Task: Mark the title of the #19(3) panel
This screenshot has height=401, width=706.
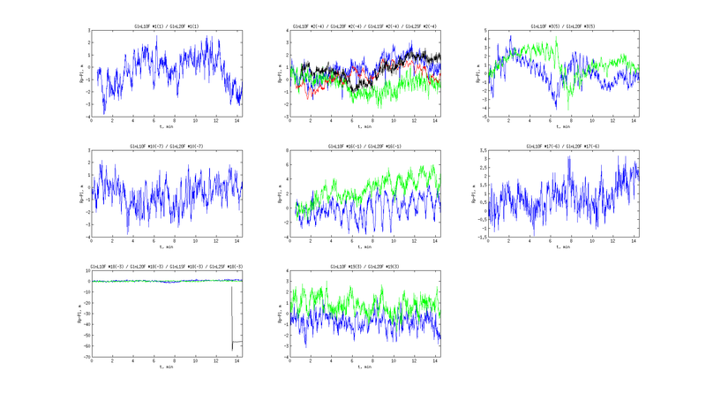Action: coord(365,266)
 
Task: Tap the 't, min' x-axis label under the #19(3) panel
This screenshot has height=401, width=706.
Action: coord(365,367)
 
